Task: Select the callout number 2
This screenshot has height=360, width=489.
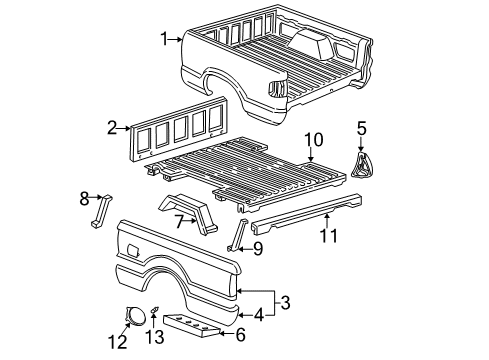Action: tap(112, 127)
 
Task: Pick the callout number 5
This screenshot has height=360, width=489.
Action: tap(363, 129)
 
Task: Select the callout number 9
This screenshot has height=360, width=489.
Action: tap(257, 249)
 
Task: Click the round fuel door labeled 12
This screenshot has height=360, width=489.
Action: tap(131, 317)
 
